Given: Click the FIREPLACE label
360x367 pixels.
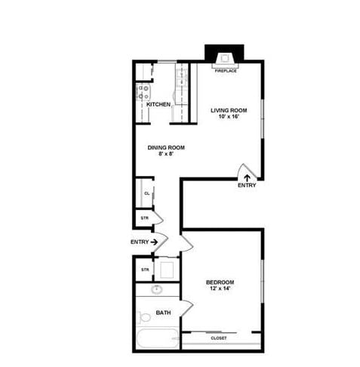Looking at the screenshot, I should [x=226, y=70].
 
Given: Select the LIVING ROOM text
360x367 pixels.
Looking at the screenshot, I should [x=229, y=110].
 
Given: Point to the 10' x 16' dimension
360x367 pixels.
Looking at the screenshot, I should [x=229, y=117].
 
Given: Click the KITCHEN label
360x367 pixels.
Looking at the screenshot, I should [x=158, y=104].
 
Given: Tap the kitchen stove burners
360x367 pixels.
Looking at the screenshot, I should [x=143, y=94].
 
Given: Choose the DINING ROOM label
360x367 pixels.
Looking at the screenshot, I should [x=166, y=147].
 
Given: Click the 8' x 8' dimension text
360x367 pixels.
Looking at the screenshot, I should [x=166, y=154].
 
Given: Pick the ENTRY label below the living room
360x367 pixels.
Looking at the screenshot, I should [x=247, y=185].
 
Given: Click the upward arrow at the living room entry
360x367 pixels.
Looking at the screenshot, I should [x=247, y=177].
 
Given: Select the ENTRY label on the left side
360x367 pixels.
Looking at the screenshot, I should [x=140, y=242].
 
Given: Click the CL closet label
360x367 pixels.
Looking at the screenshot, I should [x=146, y=193].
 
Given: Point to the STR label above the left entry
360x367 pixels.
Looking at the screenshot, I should [x=144, y=218].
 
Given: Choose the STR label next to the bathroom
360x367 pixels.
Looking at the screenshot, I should [x=144, y=269].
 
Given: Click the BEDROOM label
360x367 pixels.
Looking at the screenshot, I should [x=220, y=282].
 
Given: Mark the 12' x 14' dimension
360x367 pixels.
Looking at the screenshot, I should [x=220, y=289].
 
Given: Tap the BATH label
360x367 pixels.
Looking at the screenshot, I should [x=162, y=313].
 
